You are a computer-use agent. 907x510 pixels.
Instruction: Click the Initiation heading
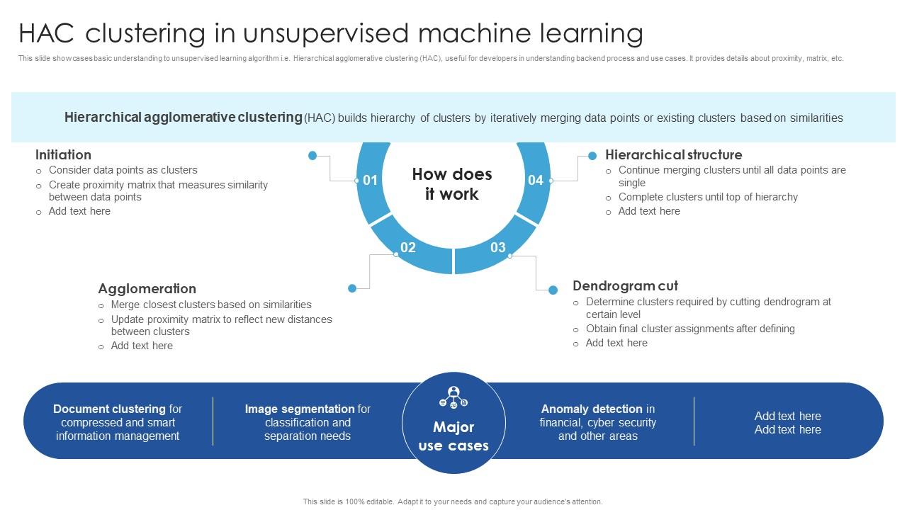click(x=63, y=154)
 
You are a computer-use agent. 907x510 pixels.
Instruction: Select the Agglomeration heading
click(x=147, y=288)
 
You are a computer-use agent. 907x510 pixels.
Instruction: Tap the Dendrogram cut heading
click(x=625, y=285)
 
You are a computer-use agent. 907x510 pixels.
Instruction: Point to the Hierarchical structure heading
click(x=673, y=154)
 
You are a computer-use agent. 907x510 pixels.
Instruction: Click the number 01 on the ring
click(x=370, y=181)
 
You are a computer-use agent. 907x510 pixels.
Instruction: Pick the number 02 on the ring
click(x=407, y=247)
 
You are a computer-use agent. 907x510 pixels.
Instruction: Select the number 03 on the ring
click(x=498, y=247)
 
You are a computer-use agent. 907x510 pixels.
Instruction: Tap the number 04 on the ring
click(x=536, y=181)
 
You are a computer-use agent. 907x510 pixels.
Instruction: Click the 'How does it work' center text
click(x=452, y=184)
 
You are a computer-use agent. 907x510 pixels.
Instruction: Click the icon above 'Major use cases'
click(x=453, y=397)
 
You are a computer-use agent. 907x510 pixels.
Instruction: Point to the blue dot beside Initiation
click(x=312, y=155)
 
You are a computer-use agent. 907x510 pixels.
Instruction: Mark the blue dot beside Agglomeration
click(x=352, y=288)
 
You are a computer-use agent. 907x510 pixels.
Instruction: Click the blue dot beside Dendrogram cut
click(x=553, y=289)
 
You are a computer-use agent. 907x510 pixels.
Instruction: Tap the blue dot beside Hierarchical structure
click(x=592, y=156)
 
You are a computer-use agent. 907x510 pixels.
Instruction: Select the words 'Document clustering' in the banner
click(x=109, y=409)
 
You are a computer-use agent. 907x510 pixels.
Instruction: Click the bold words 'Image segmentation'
click(x=300, y=409)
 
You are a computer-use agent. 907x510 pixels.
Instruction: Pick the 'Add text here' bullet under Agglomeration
click(x=142, y=346)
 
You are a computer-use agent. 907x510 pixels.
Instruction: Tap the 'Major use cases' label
click(x=453, y=436)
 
